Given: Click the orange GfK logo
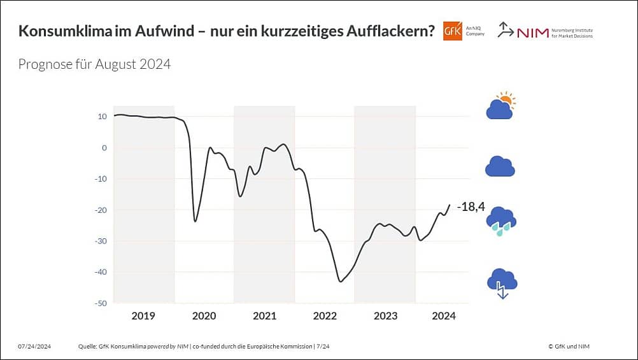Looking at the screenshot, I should click(x=452, y=31).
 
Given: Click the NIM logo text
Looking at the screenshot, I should click(x=534, y=32).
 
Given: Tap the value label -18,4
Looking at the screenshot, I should click(x=471, y=206).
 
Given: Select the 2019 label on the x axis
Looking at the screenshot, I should click(x=143, y=315).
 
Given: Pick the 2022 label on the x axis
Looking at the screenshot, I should click(x=325, y=315).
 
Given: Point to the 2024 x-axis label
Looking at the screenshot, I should click(x=444, y=315).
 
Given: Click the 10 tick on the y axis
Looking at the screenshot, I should click(x=102, y=117).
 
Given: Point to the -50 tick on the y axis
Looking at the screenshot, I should click(x=100, y=303).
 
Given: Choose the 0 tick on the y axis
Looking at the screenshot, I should click(x=104, y=148).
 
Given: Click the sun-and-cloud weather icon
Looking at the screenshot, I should click(x=500, y=106).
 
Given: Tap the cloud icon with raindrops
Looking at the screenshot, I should click(x=501, y=220).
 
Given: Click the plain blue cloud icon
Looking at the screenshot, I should click(x=500, y=166).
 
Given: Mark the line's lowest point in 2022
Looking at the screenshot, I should click(x=341, y=281).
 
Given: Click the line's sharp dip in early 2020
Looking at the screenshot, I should click(x=195, y=220).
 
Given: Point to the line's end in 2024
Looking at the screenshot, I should click(x=450, y=205).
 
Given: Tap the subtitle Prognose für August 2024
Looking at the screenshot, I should click(x=94, y=64).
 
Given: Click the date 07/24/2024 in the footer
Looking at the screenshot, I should click(x=34, y=346).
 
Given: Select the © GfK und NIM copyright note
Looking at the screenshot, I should click(x=572, y=346).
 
